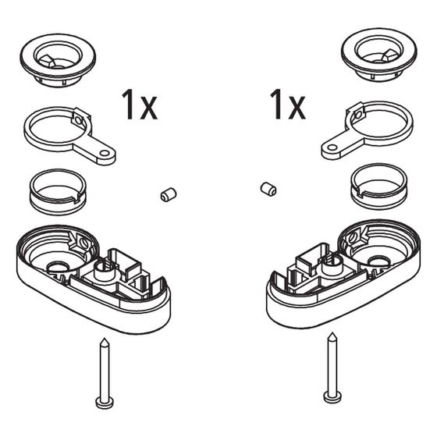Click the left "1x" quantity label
tap(140, 105)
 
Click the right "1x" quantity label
tap(288, 105)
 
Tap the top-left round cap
tap(58, 60)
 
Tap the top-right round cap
tap(379, 55)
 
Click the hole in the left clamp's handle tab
tap(105, 153)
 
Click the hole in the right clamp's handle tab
tap(332, 147)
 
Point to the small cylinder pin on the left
tap(169, 194)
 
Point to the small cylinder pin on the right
tap(268, 189)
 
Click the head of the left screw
tap(105, 402)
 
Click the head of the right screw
tap(332, 396)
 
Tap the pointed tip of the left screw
tap(105, 339)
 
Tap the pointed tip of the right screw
tap(332, 332)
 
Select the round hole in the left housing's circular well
tap(59, 267)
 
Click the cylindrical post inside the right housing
tap(332, 265)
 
